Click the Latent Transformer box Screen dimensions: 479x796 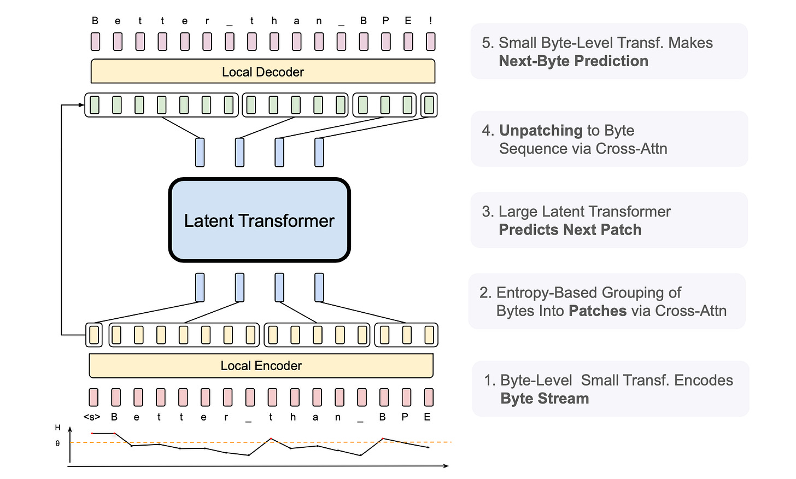pos(259,220)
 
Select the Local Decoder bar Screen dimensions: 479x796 pos(262,72)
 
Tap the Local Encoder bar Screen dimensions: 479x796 pos(261,365)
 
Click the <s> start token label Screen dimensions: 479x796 pos(92,417)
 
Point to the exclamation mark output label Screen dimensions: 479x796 pos(431,21)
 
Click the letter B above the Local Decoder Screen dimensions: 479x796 pos(95,21)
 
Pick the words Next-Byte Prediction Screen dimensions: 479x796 pos(573,61)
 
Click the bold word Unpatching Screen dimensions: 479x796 pos(541,130)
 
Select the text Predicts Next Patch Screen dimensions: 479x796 pos(570,230)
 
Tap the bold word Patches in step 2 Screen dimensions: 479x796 pos(597,311)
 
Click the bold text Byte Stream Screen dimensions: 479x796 pos(545,399)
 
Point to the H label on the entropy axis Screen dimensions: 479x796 pos(57,428)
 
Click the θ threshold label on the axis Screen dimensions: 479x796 pos(57,443)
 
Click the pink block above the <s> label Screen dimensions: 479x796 pos(94,397)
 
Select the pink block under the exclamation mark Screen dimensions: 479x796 pos(431,42)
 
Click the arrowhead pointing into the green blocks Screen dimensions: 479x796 pos(81,105)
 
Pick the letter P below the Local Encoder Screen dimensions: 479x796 pos(405,417)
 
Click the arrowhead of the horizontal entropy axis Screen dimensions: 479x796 pos(446,466)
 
